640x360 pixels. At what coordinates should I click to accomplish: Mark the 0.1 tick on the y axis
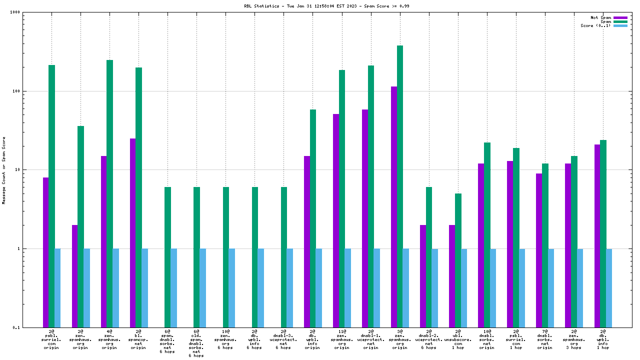click(x=28, y=327)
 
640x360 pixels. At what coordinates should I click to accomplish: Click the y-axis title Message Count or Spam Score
click(x=4, y=170)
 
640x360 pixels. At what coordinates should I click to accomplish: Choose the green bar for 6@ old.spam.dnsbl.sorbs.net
click(x=196, y=257)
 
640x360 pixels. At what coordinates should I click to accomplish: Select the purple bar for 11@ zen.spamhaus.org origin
click(x=336, y=220)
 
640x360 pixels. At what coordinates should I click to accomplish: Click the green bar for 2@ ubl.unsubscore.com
click(x=458, y=260)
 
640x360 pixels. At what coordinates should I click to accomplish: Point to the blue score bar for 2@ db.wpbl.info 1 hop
click(x=609, y=287)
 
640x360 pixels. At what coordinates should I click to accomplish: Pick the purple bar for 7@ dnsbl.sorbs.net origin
click(x=539, y=250)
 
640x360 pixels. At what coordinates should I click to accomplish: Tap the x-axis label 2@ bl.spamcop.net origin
click(x=138, y=339)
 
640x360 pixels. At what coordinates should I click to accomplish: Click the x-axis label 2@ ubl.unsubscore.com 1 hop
click(x=458, y=339)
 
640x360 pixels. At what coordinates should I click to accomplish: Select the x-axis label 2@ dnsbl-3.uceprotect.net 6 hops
click(x=283, y=339)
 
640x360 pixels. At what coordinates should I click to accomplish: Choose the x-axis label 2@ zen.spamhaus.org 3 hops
click(x=574, y=339)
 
